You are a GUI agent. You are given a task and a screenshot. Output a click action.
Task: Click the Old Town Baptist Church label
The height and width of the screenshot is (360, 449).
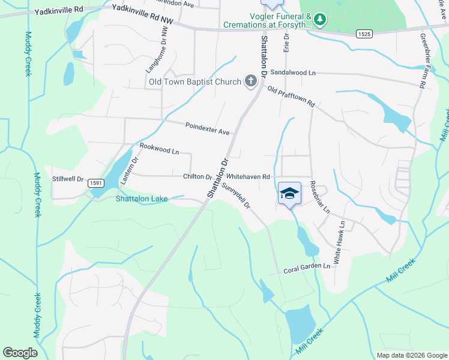tap(195, 82)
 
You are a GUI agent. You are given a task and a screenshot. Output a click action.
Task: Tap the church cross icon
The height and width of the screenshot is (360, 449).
tap(250, 82)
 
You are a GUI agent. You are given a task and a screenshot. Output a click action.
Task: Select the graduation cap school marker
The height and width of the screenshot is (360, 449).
tap(289, 194)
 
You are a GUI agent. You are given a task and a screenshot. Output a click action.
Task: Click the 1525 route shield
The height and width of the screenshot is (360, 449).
tap(363, 35)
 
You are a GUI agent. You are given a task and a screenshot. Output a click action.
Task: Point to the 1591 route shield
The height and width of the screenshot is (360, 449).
tap(95, 182)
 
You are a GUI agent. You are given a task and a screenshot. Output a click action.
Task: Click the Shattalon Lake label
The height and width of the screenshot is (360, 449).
tap(142, 199)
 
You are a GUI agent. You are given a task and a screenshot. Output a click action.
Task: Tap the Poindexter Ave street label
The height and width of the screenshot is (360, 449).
tap(208, 128)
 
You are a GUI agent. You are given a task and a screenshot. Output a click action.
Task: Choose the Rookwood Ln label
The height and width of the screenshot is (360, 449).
tap(159, 149)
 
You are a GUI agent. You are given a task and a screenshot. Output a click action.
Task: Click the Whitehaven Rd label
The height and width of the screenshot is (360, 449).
tap(249, 177)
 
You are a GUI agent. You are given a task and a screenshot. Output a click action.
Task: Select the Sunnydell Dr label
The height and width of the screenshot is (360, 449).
tap(235, 196)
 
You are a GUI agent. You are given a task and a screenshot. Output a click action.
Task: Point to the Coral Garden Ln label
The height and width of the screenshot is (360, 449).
tap(307, 268)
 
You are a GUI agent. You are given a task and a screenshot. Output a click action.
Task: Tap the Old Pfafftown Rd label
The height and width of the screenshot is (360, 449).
tap(291, 97)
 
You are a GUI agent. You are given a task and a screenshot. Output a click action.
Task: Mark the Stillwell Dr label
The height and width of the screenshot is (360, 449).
tap(68, 179)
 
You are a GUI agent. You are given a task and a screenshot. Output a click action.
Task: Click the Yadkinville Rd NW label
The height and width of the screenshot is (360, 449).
tap(143, 14)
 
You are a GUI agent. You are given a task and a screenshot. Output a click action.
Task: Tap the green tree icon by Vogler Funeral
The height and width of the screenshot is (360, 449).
tap(321, 19)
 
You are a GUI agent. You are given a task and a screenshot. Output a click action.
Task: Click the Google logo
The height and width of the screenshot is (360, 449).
tap(20, 353)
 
